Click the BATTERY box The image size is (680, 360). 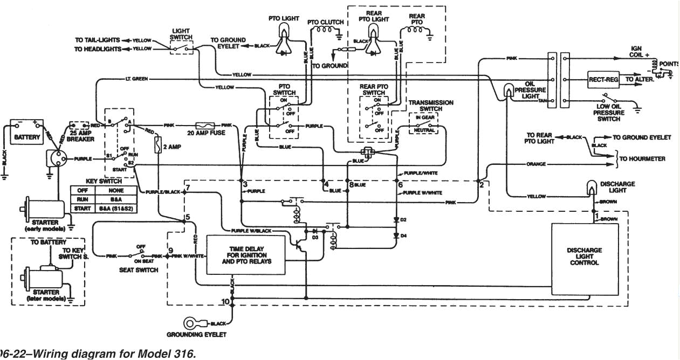(x=27, y=137)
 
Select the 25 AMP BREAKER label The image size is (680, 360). (x=81, y=136)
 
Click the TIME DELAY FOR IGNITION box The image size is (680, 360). (x=246, y=254)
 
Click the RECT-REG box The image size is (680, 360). (x=602, y=79)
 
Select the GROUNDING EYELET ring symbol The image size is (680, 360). (x=191, y=323)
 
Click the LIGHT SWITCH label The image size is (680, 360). (x=181, y=34)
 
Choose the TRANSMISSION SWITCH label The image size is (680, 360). (x=430, y=105)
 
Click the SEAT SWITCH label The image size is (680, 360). (x=138, y=269)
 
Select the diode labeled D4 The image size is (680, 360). (x=396, y=236)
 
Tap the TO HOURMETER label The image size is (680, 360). (x=642, y=159)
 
